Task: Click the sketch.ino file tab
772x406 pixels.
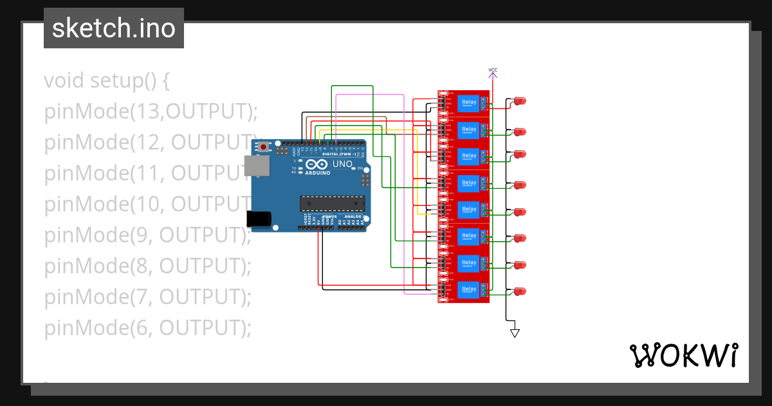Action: click(113, 28)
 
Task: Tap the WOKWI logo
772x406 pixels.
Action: click(683, 356)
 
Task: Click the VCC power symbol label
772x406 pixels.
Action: click(493, 70)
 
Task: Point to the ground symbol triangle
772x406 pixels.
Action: click(514, 333)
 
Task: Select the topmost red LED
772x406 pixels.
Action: click(520, 101)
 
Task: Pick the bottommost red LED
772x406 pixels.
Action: click(520, 291)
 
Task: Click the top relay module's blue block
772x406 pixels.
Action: click(469, 103)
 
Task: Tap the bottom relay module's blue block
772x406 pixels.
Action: click(469, 290)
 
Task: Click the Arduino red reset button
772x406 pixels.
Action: click(264, 148)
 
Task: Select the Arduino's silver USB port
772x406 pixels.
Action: click(259, 166)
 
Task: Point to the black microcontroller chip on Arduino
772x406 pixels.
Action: click(331, 204)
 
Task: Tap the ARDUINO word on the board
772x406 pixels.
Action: click(318, 173)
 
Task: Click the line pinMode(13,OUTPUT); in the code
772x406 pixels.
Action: click(151, 111)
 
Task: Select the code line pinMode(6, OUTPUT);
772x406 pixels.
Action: click(147, 328)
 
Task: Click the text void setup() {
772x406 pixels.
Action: click(107, 81)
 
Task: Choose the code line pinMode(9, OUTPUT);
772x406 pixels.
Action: click(147, 235)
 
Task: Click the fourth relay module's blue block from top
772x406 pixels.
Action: click(469, 183)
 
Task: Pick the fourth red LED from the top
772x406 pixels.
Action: click(520, 185)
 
